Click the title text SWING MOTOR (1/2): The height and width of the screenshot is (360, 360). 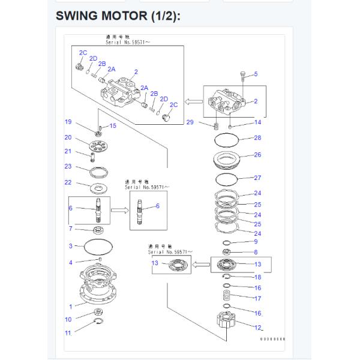point(118,16)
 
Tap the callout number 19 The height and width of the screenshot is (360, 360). point(68,122)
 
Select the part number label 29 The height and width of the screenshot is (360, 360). point(190,122)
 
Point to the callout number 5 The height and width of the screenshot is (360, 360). point(255,74)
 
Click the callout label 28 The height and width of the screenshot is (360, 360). point(257,138)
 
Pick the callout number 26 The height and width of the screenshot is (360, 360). point(257,155)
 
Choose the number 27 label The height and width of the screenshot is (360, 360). point(257,178)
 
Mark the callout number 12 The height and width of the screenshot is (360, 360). point(258,328)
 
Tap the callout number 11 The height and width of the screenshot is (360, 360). point(68,332)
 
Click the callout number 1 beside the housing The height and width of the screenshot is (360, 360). point(70,307)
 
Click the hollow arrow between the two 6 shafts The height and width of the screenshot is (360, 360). point(118,211)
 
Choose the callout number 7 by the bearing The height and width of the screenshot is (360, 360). point(70,229)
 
